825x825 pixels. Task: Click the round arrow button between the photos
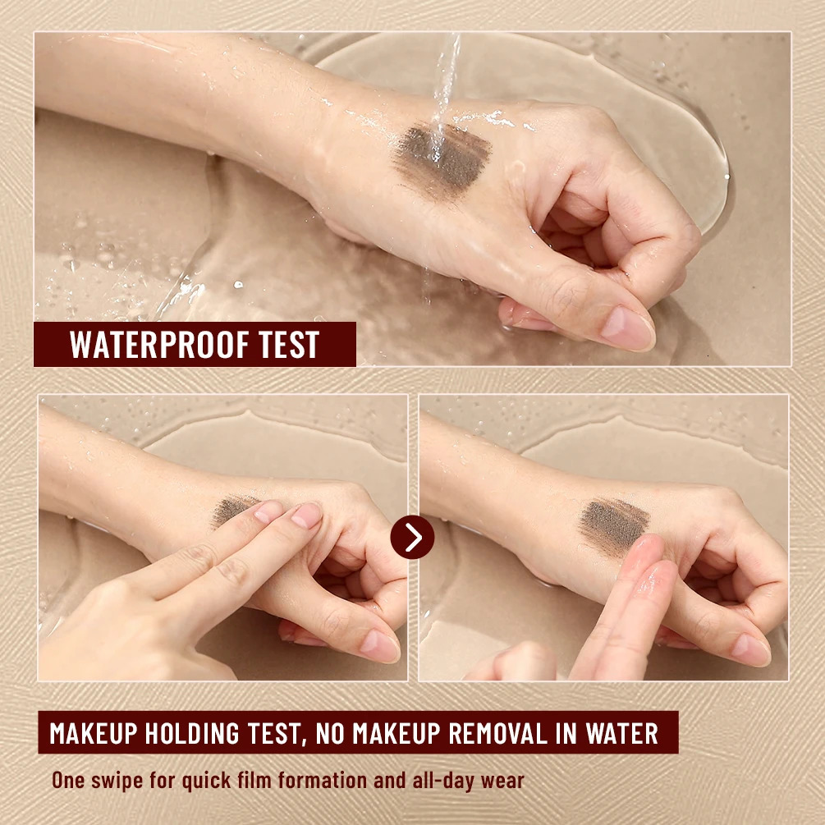click(x=412, y=538)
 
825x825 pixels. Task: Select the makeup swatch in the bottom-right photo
click(x=614, y=524)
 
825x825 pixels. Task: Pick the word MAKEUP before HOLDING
click(x=94, y=733)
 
